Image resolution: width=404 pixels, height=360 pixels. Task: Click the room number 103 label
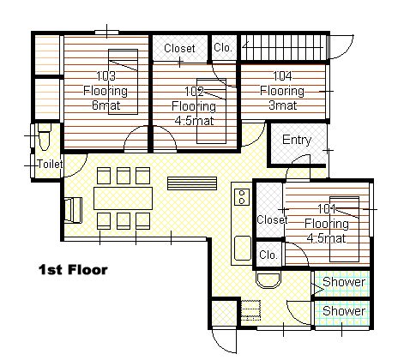(x=106, y=76)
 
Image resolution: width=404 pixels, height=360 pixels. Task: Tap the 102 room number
(x=194, y=92)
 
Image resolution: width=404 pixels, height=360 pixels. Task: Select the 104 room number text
(x=282, y=76)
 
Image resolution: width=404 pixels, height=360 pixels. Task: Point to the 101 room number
(x=327, y=209)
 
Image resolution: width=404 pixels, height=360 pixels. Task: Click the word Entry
(x=297, y=140)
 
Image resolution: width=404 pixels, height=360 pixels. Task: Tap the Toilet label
(x=51, y=164)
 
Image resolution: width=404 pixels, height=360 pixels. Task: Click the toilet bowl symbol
(x=45, y=137)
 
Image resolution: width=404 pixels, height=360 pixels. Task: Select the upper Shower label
(x=344, y=282)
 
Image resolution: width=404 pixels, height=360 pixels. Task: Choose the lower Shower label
(x=344, y=311)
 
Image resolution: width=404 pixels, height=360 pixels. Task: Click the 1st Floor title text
(x=73, y=270)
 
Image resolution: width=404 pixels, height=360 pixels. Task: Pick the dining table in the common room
(x=123, y=198)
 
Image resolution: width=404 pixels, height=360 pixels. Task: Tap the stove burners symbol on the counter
(x=242, y=197)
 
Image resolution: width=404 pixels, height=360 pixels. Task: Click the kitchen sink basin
(x=243, y=248)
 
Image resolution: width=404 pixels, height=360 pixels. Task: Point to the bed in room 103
(x=123, y=82)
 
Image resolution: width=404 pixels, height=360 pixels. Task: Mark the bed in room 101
(x=344, y=229)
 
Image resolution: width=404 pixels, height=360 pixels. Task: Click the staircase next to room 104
(x=284, y=47)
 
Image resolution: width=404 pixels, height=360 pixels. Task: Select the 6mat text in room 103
(x=106, y=105)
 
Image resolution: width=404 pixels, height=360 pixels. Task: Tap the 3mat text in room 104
(x=282, y=105)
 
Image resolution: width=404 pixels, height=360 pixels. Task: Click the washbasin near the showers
(x=268, y=280)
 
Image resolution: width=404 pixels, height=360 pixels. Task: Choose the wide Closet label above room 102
(x=179, y=48)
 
